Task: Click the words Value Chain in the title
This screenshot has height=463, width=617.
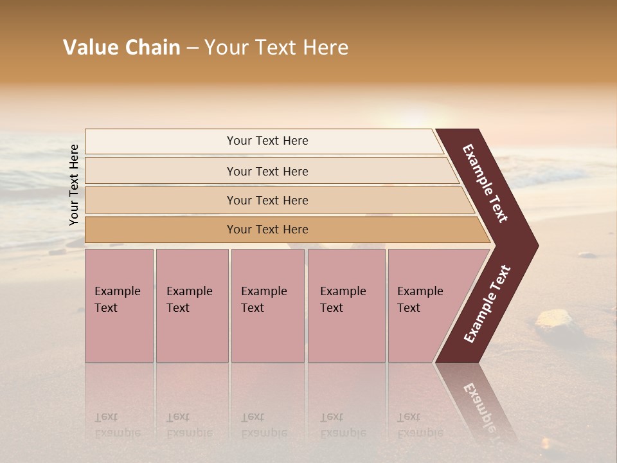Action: click(x=121, y=48)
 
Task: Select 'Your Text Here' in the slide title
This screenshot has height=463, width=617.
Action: click(x=276, y=48)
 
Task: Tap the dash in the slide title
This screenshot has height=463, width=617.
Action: click(x=192, y=48)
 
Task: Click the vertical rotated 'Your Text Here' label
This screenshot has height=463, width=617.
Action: click(x=74, y=185)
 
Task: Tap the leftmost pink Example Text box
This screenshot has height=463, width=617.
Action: click(x=119, y=305)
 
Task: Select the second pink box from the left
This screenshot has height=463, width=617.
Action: click(x=192, y=305)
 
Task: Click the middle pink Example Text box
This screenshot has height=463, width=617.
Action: click(x=267, y=305)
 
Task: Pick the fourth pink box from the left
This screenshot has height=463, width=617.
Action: click(x=346, y=305)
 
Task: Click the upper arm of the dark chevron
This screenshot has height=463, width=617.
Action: click(x=485, y=183)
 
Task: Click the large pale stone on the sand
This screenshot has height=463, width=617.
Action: click(x=554, y=320)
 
